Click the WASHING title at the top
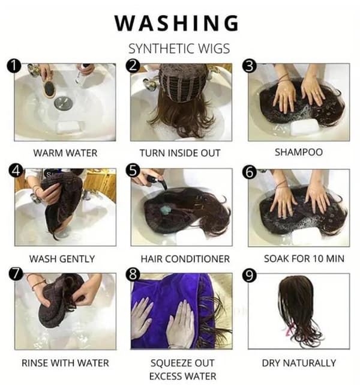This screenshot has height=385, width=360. pos(176,23)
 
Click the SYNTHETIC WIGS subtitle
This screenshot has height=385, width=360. pos(179,49)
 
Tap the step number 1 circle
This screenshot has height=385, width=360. pos(14,66)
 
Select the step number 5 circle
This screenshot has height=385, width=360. pos(133,171)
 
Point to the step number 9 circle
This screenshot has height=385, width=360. pos(250,276)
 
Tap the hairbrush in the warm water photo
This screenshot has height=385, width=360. pos(49,86)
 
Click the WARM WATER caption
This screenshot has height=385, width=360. pos(65,153)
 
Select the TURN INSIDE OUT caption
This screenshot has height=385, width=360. pos(180,153)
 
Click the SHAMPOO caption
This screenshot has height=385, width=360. pos(299,152)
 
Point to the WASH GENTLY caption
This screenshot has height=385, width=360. pos(62,259)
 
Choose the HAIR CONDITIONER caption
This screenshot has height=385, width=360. pos(185,259)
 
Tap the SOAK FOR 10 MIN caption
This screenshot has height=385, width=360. pos(304,258)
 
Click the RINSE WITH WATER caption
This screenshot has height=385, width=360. pos(65,363)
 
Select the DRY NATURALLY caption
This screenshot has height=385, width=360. pos(299,363)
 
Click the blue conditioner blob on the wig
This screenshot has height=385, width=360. pos(166,210)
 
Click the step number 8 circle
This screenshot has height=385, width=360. pos(133,274)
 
